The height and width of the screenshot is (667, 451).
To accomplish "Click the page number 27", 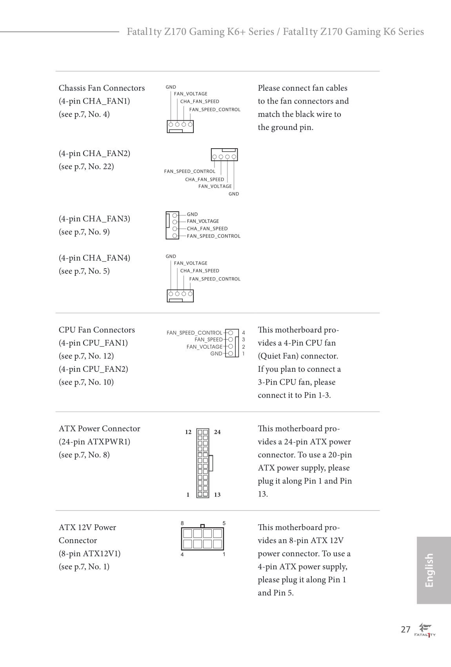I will tap(406, 629).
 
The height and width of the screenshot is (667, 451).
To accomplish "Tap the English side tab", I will tap(429, 570).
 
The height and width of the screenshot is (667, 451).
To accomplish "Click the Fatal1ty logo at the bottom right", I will tap(425, 630).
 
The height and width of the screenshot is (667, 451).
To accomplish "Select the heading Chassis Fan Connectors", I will tap(102, 88).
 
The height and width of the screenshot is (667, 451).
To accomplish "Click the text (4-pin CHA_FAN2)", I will tap(94, 153).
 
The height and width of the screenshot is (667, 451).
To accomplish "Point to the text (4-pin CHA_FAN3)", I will tap(94, 219).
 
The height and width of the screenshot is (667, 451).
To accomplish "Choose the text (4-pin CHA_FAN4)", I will tap(94, 258).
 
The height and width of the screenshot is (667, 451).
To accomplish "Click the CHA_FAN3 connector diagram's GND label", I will tap(192, 214).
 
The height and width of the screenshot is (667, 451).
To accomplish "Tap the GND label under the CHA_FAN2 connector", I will tap(234, 194).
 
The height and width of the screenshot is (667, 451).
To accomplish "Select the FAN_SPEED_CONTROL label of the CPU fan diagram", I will tap(194, 333).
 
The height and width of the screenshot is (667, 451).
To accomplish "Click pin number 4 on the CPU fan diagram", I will tap(244, 333).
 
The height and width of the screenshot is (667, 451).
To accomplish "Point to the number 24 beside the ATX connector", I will tap(217, 432).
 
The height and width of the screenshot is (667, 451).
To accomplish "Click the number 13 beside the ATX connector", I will tap(217, 495).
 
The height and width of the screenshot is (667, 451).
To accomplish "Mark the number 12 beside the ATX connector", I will tap(188, 432).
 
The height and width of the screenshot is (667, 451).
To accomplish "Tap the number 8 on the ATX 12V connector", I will tap(182, 523).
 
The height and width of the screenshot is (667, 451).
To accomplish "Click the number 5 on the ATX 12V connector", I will tap(224, 523).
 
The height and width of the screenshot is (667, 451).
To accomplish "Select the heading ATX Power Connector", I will tap(99, 429).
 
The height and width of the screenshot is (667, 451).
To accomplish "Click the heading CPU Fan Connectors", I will tap(96, 330).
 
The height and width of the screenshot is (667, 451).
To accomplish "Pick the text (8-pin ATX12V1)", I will tap(89, 554).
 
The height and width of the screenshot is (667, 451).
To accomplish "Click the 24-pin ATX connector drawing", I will tap(203, 463).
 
